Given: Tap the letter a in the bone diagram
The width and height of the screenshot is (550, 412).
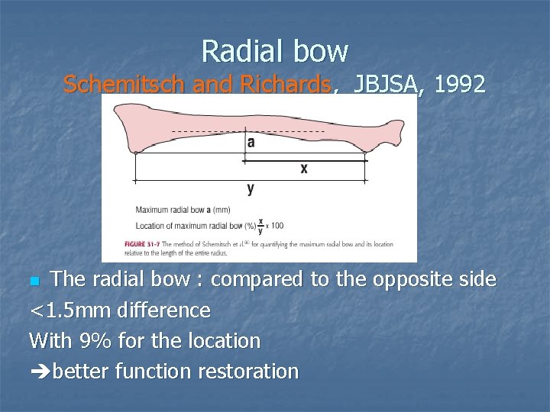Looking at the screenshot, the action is (251, 143).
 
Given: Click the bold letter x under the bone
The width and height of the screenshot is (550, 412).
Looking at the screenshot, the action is (303, 169).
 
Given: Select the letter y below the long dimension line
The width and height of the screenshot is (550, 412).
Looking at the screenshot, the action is (251, 188).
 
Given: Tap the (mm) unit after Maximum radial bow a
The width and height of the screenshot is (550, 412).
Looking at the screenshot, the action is (221, 210).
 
